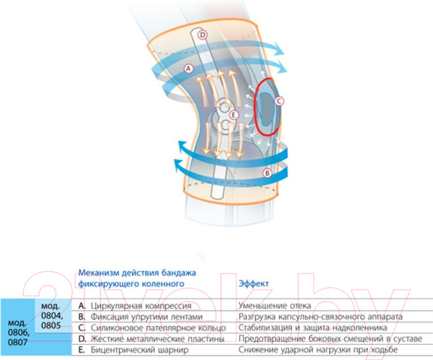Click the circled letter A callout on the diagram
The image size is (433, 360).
[x=188, y=69]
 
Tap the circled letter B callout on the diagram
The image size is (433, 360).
[x=266, y=173]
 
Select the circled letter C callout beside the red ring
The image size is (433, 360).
[x=280, y=102]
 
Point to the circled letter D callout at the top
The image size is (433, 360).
[x=203, y=35]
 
